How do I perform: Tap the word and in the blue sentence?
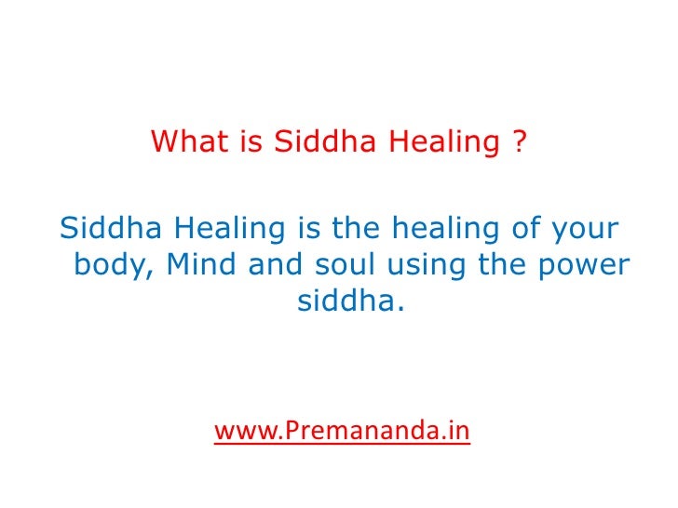click(x=281, y=265)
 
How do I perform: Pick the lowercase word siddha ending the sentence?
click(x=352, y=302)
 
